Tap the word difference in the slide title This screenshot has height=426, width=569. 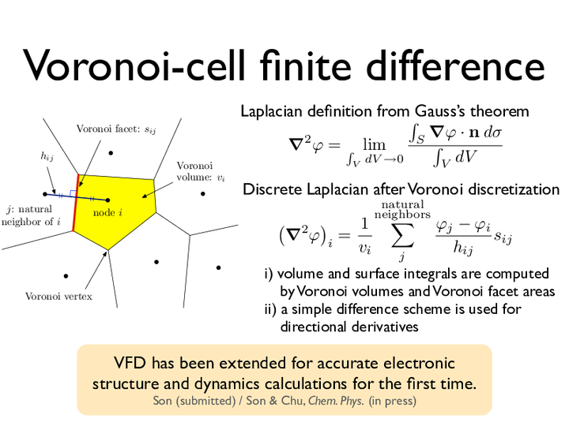tap(455, 65)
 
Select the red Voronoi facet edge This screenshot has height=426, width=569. tap(76, 203)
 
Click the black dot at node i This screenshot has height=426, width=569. tap(107, 200)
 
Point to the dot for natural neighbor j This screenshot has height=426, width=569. tap(45, 194)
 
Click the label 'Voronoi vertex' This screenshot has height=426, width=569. tap(58, 297)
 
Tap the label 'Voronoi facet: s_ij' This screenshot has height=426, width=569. tap(116, 129)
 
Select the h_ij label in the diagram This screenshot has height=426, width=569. tap(47, 156)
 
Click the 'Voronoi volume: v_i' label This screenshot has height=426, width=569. tap(201, 171)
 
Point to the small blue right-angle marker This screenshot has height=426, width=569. tap(73, 193)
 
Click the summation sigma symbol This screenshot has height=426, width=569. tap(403, 236)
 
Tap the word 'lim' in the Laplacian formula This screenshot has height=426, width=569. tap(374, 145)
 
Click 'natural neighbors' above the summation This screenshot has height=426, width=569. tap(402, 210)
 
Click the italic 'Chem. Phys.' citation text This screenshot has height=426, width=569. tap(336, 401)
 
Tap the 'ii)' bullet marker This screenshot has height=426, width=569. tap(270, 309)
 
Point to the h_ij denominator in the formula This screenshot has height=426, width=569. tap(463, 248)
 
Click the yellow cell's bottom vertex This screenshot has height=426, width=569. tap(107, 250)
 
